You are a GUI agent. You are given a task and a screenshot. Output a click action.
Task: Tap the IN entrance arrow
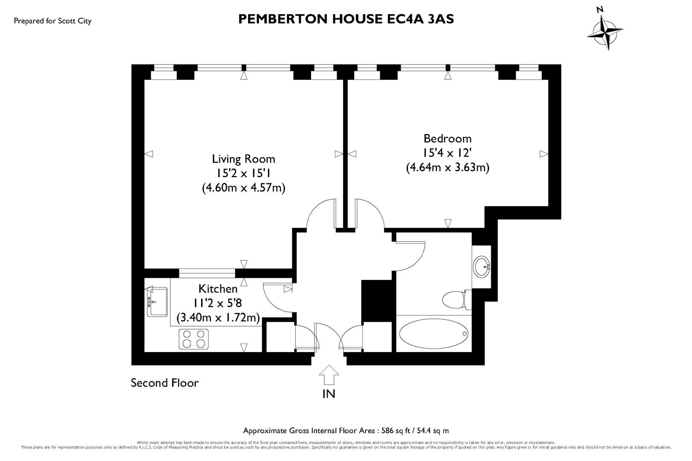click(329, 376)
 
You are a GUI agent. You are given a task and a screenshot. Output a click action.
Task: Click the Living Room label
click(243, 159)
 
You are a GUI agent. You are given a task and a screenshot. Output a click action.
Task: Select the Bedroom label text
click(447, 138)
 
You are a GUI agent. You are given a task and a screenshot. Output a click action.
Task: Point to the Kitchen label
click(218, 289)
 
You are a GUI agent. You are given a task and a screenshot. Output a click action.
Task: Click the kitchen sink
click(157, 302)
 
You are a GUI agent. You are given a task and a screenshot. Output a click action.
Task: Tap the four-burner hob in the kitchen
click(193, 339)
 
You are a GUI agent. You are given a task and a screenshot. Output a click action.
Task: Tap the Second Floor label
click(164, 383)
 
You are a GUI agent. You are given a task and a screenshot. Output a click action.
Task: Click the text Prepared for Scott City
click(53, 21)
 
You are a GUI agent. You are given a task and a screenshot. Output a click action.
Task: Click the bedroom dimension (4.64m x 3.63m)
click(447, 167)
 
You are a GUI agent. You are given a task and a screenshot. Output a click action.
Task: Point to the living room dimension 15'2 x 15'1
click(243, 173)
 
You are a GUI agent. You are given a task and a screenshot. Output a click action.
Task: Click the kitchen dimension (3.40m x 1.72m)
click(218, 318)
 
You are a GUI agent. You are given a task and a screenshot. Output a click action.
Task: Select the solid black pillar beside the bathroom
click(376, 301)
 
